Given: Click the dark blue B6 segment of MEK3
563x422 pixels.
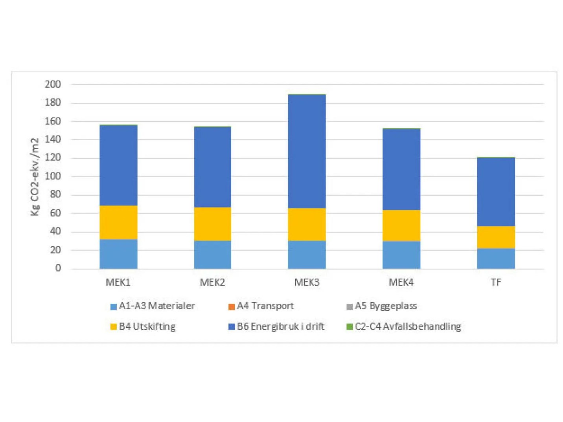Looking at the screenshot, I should point(307,151).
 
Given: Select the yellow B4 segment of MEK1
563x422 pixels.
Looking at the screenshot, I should point(118,222).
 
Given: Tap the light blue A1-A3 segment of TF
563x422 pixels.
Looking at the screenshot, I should point(496,258).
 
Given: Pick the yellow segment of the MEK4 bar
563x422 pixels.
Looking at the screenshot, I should point(401,225).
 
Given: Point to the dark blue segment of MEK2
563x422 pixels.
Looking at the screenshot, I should point(213,167).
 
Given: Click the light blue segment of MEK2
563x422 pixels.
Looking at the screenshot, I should point(213,254).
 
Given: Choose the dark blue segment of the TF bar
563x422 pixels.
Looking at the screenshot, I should point(496,192).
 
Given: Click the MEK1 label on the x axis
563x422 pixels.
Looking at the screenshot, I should point(118,282).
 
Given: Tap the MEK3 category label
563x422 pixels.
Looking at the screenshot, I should point(307,282).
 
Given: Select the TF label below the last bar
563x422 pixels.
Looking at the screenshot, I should point(496,282).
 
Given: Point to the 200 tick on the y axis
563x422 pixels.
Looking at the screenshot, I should point(53,84).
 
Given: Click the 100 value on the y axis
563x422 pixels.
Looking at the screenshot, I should point(53,176).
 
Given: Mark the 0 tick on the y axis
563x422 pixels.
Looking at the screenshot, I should point(58,268).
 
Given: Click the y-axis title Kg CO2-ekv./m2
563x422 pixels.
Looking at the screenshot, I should point(35,176).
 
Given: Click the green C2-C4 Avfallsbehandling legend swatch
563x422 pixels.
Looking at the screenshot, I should point(350,327).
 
